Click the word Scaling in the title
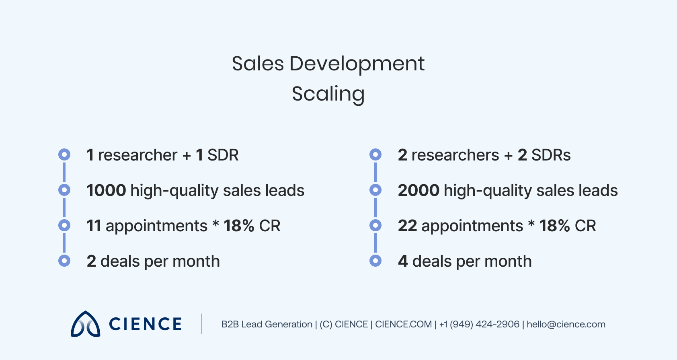328,94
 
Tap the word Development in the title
357,64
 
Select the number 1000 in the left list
107,190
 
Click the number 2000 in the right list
419,190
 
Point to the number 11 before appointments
94,226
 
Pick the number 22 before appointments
407,226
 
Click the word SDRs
551,155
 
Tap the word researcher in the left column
137,155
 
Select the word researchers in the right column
455,155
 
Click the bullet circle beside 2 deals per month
64,261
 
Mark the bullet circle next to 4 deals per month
375,261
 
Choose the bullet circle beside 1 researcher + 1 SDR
64,154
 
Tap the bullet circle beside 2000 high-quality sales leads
375,190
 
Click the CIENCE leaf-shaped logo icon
85,324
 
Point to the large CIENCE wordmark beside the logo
146,324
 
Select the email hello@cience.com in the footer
566,324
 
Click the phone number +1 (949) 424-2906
479,324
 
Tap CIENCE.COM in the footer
403,324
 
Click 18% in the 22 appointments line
554,226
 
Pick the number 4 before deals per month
402,261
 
